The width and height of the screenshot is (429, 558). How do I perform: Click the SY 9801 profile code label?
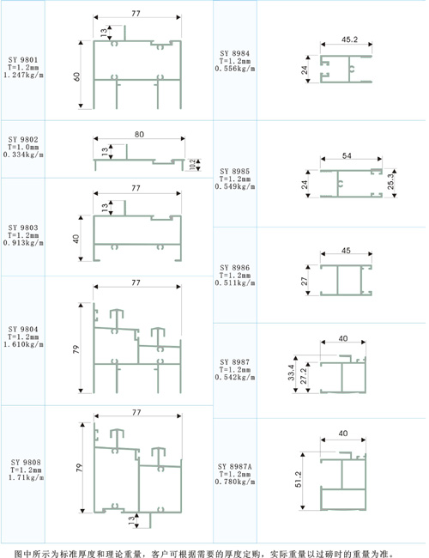pos(23,60)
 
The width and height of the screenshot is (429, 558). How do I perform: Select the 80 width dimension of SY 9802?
pos(139,134)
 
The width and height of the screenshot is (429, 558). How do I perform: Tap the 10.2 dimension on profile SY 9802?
pos(192,165)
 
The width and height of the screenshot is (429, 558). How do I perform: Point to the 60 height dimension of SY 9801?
pos(77,76)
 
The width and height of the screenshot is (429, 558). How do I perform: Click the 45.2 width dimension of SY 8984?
pos(349,39)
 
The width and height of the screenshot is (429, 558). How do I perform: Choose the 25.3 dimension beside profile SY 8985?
pos(390,181)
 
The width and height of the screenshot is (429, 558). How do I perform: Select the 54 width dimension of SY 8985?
pos(347,155)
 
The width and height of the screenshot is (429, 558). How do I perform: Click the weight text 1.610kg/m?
pos(23,344)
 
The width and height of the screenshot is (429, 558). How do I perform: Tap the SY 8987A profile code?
pos(235,466)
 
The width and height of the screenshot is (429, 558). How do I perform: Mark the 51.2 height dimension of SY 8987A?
pos(298,479)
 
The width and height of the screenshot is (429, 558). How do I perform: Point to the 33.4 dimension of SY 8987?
pos(292,373)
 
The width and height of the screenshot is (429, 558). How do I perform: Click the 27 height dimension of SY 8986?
pos(305,281)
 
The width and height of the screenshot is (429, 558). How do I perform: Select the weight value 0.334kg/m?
pos(23,155)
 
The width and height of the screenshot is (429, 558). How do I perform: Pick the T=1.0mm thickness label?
pos(23,147)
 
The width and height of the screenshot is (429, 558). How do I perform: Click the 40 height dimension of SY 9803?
pos(76,239)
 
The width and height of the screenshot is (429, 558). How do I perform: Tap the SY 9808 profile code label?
pos(26,462)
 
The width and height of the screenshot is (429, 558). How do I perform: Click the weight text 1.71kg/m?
pos(26,476)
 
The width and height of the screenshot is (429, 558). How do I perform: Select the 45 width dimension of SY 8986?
pos(346,251)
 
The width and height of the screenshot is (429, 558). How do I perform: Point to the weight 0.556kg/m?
pos(235,69)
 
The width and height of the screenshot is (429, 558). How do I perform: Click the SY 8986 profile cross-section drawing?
pos(346,280)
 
